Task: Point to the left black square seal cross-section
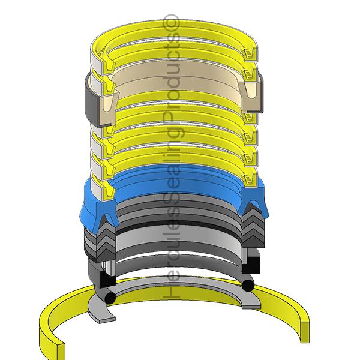point(106,278)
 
